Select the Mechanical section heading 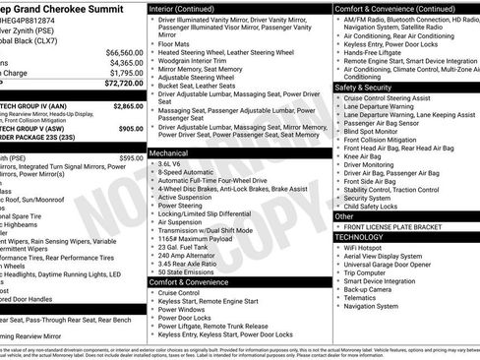[170, 153]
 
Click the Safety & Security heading [370, 87]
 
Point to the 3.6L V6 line [171, 164]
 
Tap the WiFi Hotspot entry [365, 247]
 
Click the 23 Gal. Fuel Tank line [182, 245]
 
